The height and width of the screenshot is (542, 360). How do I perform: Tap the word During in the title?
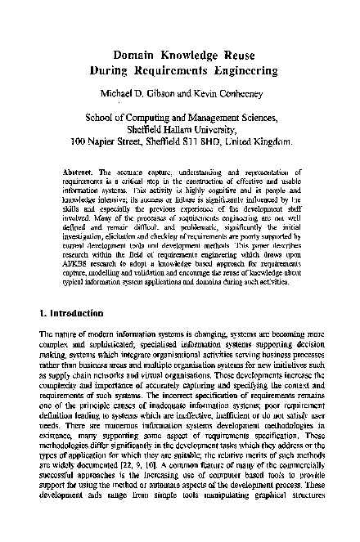(x=110, y=71)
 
